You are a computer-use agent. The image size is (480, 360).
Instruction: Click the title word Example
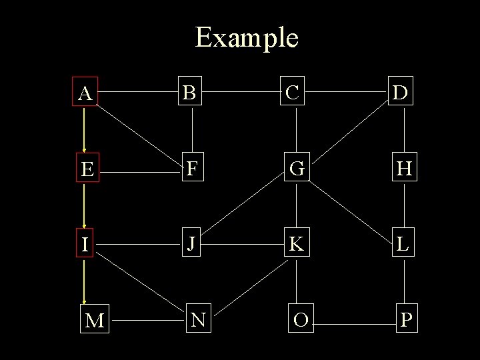(x=247, y=37)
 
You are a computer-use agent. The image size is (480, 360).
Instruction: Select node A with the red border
(x=85, y=93)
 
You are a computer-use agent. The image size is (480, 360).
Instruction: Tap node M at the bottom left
(x=94, y=321)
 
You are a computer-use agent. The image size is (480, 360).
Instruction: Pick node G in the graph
(x=296, y=169)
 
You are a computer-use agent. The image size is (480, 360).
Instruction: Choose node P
(x=405, y=321)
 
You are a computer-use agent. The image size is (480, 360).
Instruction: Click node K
(x=296, y=245)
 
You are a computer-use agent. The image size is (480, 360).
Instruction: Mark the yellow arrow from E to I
(x=85, y=207)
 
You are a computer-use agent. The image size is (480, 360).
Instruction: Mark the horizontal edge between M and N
(x=147, y=320)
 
